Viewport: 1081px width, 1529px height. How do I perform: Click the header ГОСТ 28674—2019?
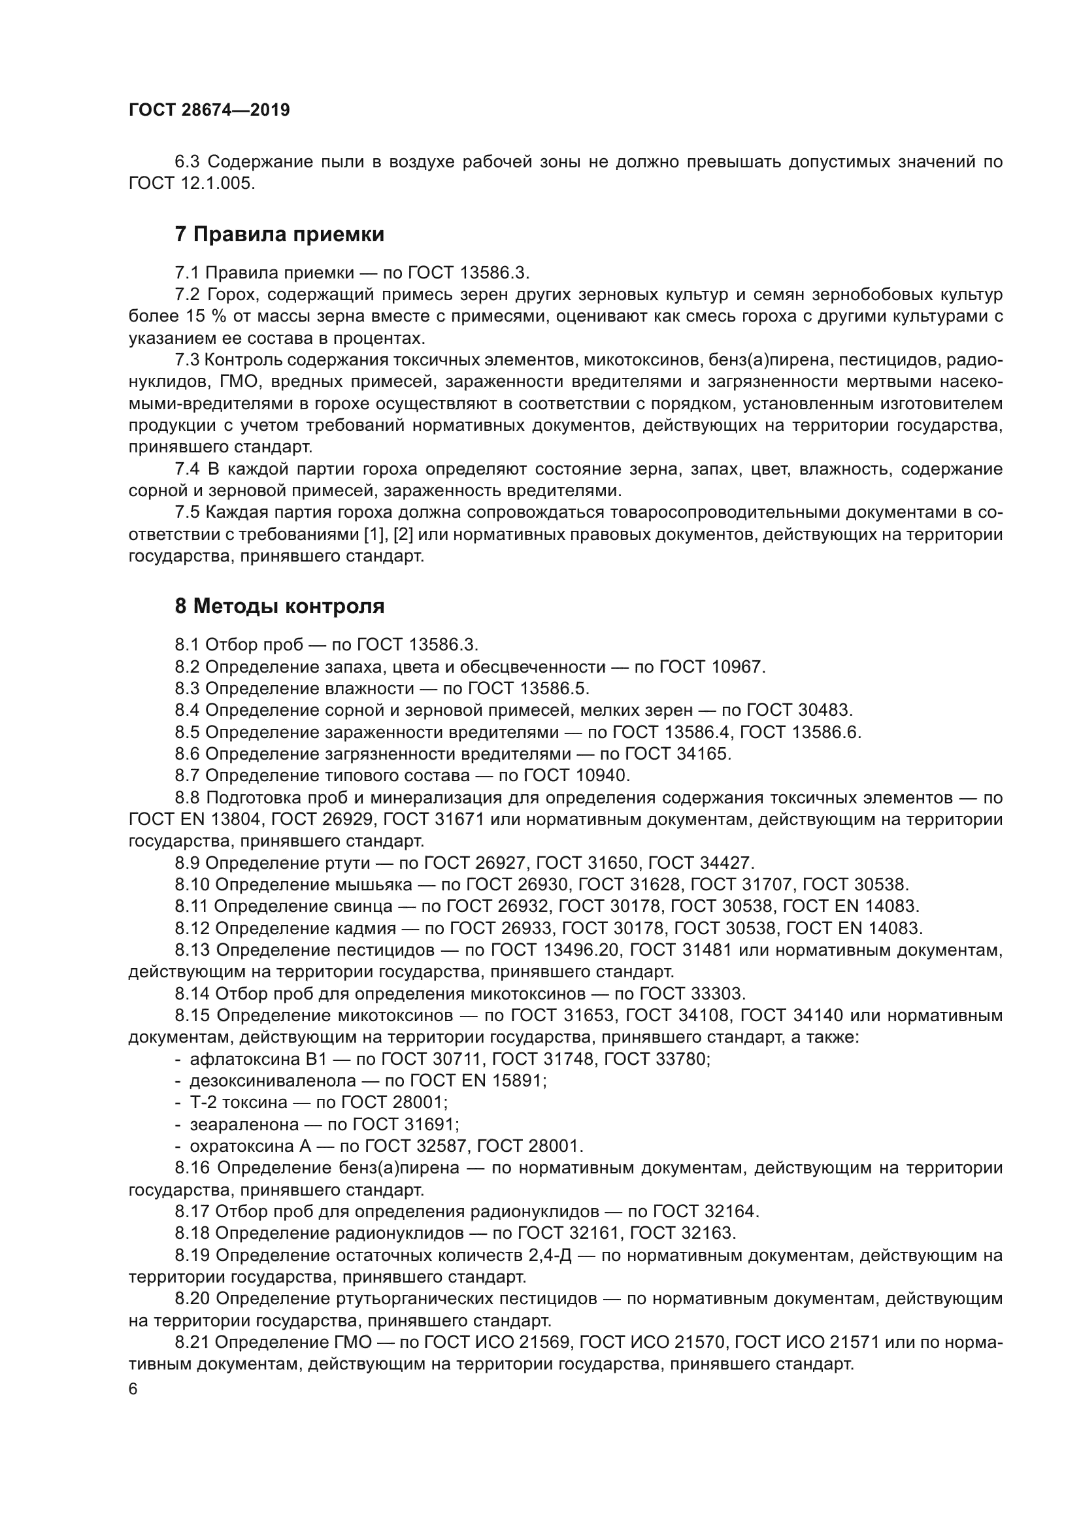pos(209,110)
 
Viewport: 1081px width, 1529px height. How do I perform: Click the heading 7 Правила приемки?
pos(280,235)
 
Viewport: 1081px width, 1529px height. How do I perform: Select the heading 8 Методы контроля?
pos(280,606)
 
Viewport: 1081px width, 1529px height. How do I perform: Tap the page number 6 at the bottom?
pos(133,1389)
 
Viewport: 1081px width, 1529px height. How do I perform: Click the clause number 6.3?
pos(188,162)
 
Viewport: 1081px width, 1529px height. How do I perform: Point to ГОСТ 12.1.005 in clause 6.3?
pos(191,184)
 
